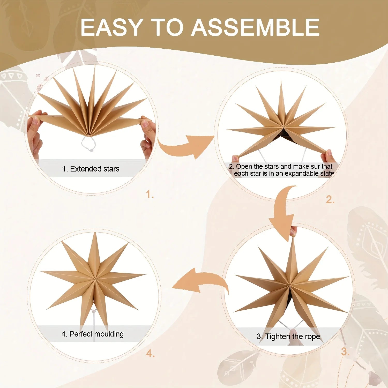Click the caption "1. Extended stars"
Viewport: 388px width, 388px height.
click(91, 169)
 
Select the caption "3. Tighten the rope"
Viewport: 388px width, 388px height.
click(288, 337)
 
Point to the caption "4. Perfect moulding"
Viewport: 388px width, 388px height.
click(93, 334)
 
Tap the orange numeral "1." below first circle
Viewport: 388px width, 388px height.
click(150, 194)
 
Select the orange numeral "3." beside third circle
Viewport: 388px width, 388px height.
click(345, 352)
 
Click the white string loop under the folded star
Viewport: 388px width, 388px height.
click(88, 143)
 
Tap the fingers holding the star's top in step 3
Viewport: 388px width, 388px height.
click(293, 231)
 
